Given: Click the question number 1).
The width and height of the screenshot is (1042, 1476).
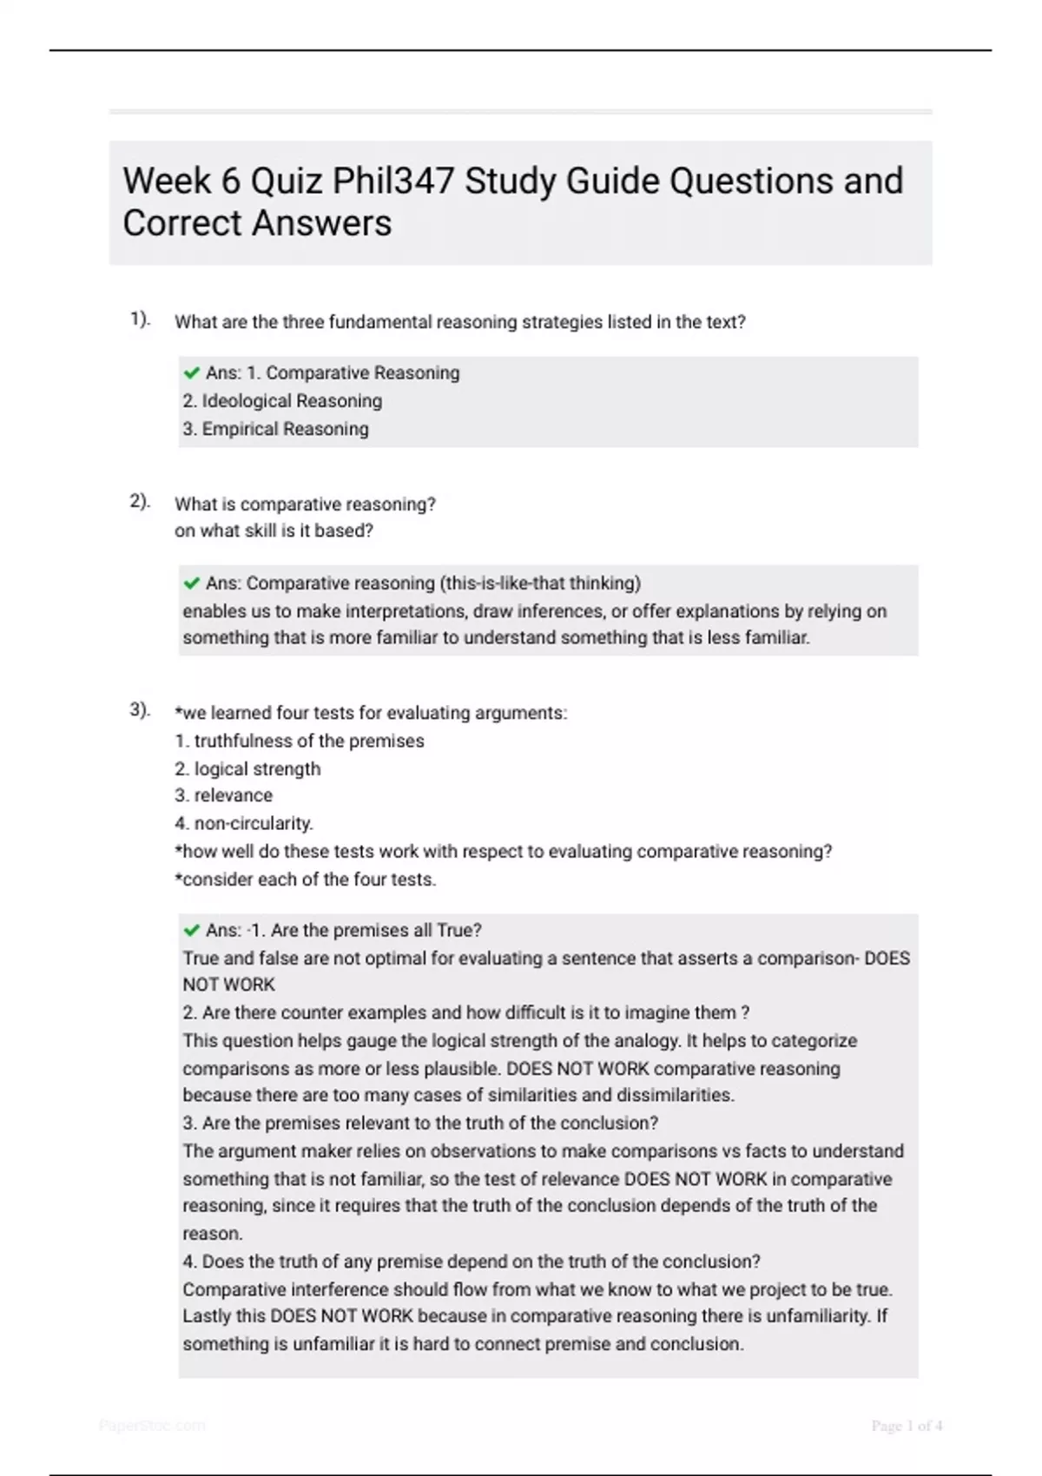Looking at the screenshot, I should tap(140, 320).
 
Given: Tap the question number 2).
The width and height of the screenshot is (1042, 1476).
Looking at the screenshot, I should tap(140, 502).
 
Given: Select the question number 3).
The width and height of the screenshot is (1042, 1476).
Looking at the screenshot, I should tap(140, 710).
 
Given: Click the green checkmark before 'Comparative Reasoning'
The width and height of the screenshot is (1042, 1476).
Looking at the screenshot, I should tap(192, 373).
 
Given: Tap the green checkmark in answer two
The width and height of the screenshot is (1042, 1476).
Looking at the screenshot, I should tap(192, 583).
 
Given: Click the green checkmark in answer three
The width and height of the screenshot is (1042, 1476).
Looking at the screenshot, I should tap(192, 931).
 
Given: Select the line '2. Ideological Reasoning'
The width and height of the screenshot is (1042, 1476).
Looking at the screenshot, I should tap(282, 401).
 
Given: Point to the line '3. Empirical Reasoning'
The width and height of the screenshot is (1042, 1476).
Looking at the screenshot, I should tap(275, 429).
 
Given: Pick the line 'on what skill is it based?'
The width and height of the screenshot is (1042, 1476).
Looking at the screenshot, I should tap(274, 530).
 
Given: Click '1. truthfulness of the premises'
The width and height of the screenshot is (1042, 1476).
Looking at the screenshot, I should tap(300, 741).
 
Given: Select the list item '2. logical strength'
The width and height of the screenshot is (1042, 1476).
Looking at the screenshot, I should tap(247, 768).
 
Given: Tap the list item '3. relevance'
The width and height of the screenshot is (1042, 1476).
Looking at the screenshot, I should tap(223, 795).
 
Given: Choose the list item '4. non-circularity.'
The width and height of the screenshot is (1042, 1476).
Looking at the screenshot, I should tap(244, 823).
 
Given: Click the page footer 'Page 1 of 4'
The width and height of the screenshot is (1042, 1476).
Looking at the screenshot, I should tap(907, 1426).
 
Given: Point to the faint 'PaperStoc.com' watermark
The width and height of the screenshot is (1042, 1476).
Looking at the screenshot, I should tap(152, 1426).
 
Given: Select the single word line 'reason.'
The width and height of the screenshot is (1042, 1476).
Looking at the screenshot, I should tap(213, 1233).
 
